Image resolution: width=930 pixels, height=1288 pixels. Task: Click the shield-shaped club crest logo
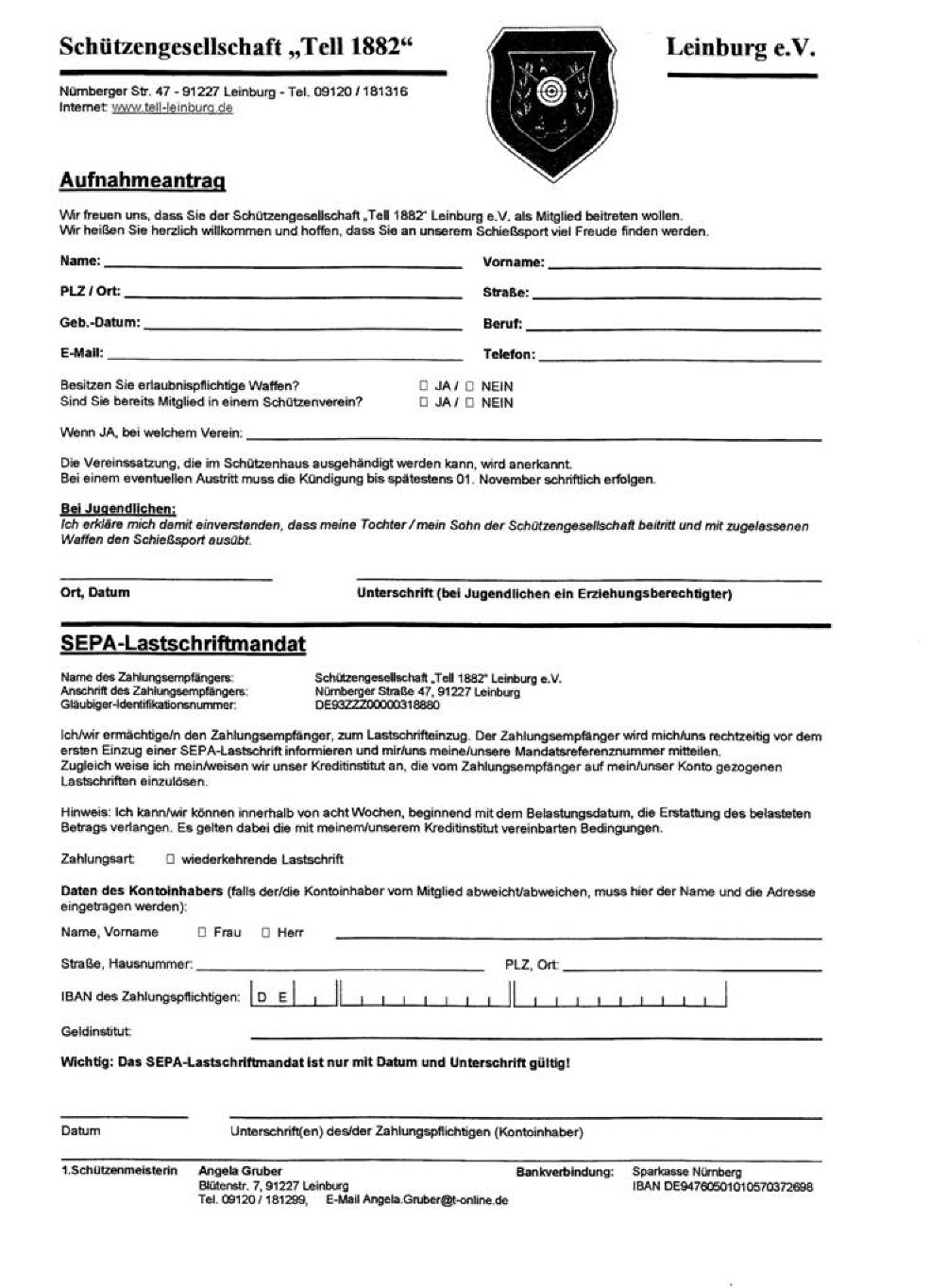pos(551,102)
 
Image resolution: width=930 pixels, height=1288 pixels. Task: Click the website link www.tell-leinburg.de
pos(172,108)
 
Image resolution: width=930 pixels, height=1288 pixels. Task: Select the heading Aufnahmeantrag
pos(143,180)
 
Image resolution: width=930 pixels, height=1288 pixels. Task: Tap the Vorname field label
pos(513,263)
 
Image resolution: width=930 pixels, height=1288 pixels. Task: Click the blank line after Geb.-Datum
pos(302,327)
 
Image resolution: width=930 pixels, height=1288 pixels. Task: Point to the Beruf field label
pos(501,324)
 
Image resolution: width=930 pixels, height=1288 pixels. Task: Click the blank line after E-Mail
pos(283,358)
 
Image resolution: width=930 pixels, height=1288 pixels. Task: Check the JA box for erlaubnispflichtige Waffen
pos(423,386)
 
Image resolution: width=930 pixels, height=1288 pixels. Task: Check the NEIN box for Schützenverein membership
pos(469,402)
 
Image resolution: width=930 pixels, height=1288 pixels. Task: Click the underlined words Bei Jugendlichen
pos(118,510)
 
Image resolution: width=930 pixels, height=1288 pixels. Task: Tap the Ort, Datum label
pos(95,593)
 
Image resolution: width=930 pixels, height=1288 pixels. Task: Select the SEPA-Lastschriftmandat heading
pos(183,644)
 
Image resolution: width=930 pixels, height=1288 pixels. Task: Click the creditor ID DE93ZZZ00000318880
pos(377,704)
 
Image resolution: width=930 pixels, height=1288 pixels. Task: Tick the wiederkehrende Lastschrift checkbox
pos(171,859)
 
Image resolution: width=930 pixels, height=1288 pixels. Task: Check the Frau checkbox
pos(202,932)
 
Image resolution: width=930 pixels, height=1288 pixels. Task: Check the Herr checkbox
pos(266,932)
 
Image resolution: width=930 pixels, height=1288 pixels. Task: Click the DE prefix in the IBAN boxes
pos(272,996)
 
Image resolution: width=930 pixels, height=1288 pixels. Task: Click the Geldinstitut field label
pos(95,1031)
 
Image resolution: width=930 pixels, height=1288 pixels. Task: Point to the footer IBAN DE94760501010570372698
pos(722,1187)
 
